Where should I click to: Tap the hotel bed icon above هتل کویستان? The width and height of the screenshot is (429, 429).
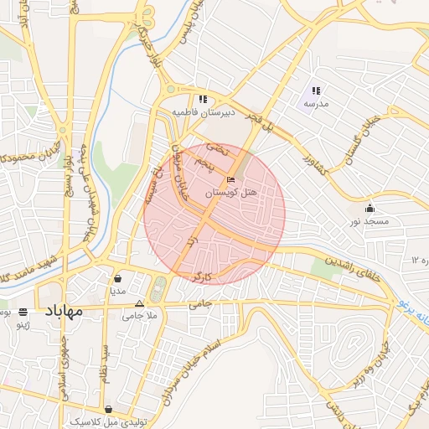(x=231, y=179)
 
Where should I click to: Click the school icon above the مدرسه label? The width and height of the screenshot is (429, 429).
(x=316, y=90)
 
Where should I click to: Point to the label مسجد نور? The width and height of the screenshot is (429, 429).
(x=370, y=221)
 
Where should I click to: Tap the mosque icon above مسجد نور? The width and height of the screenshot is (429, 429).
(x=370, y=209)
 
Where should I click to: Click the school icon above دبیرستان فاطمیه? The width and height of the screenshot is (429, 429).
(x=204, y=99)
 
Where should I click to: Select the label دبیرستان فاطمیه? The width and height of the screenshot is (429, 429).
(x=203, y=111)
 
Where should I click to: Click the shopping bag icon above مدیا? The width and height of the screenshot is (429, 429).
(x=117, y=279)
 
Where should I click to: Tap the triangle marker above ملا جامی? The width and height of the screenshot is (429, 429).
(x=140, y=304)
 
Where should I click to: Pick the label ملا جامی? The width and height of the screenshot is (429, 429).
(x=140, y=316)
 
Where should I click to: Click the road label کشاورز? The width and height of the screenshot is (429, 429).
(x=311, y=157)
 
